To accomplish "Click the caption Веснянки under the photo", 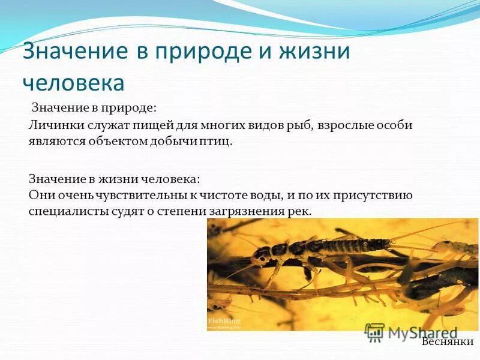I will (x=447, y=342).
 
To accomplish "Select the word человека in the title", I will (x=73, y=83).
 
